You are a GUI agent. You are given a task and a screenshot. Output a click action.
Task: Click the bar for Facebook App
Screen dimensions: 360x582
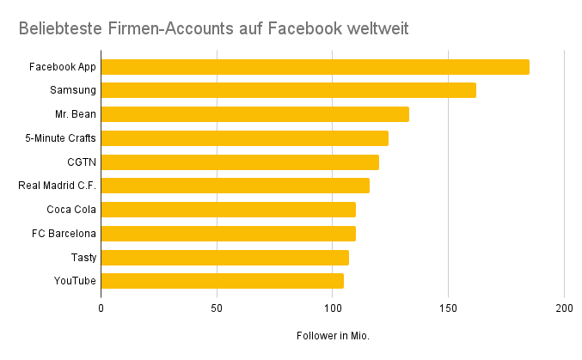(315, 67)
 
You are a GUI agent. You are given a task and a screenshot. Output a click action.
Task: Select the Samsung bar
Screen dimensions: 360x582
(288, 90)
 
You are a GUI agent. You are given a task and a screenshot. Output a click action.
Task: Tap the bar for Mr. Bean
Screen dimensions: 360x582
(254, 114)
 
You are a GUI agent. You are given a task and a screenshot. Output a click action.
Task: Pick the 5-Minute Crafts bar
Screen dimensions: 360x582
(244, 138)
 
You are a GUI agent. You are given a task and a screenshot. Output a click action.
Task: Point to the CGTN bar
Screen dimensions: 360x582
(240, 162)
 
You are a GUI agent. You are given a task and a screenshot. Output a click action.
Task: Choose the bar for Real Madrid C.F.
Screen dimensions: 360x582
(235, 186)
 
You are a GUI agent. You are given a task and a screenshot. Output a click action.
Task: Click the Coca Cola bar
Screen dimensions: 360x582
(228, 210)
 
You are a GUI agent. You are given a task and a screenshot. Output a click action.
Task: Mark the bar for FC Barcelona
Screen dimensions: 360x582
(228, 233)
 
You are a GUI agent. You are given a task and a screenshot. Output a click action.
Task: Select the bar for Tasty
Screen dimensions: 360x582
(224, 257)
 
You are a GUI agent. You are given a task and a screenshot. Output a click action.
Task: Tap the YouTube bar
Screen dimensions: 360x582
(222, 281)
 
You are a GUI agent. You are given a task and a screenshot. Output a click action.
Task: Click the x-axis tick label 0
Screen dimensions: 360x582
(101, 308)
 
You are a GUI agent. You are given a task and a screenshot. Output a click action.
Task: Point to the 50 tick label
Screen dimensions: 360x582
(217, 308)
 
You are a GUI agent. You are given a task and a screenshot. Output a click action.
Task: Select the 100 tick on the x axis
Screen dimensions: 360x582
(333, 308)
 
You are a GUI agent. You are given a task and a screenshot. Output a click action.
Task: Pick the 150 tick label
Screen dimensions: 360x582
(448, 308)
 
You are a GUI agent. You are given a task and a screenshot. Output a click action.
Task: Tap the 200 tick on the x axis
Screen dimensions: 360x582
(564, 308)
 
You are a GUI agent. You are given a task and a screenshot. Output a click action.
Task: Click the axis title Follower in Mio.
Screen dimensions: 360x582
(332, 336)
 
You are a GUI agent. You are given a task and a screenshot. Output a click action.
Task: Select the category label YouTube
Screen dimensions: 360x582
(75, 281)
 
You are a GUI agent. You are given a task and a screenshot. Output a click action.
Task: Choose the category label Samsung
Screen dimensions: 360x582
(73, 90)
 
